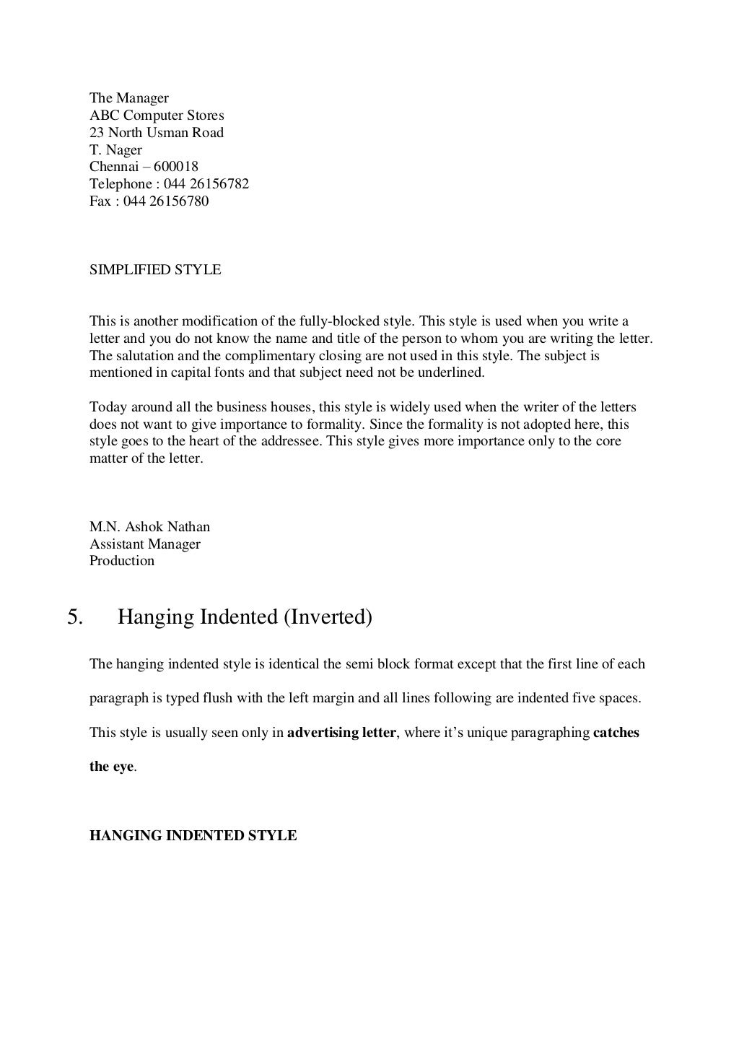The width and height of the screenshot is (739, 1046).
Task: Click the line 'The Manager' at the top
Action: tap(128, 98)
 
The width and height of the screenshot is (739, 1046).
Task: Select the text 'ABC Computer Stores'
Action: tap(157, 116)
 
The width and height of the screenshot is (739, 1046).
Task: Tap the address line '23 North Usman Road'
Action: tap(156, 133)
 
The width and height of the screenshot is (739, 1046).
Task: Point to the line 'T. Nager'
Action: tap(115, 150)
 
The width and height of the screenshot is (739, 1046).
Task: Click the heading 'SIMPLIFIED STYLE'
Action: tap(154, 270)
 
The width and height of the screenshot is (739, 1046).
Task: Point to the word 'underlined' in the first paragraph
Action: tap(452, 373)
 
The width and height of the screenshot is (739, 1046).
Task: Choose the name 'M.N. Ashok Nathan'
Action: tap(149, 527)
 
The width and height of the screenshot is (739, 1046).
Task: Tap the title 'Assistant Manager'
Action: tap(144, 544)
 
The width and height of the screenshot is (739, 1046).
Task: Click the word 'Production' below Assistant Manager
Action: tap(121, 561)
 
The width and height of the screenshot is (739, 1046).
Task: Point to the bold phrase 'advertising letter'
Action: tap(341, 733)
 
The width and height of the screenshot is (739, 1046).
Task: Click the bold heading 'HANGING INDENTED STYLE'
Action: tap(193, 836)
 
